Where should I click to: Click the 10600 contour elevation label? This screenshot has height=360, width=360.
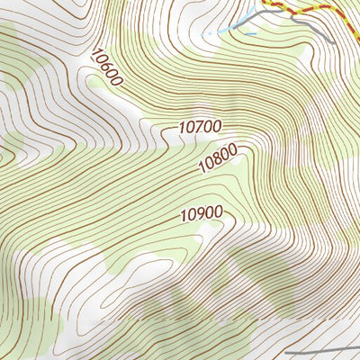click(x=106, y=67)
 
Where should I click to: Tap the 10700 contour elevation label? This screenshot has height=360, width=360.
click(x=200, y=129)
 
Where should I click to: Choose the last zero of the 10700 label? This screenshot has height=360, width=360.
click(x=216, y=128)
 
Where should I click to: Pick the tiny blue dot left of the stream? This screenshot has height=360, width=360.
click(x=208, y=33)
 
